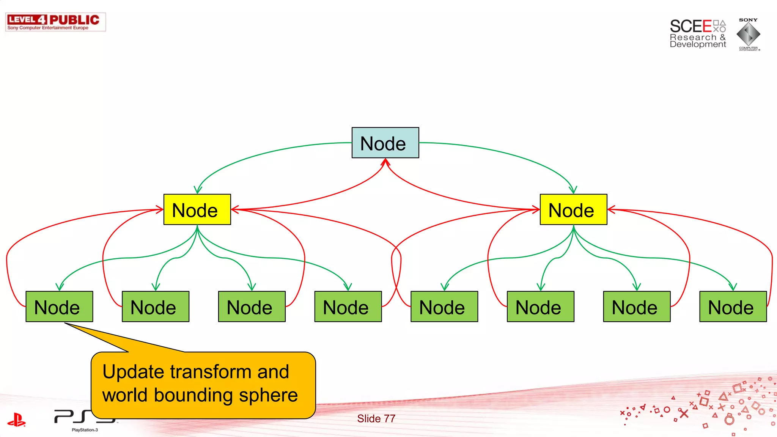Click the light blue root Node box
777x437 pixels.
click(385, 143)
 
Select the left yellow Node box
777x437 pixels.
click(197, 209)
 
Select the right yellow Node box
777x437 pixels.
click(573, 209)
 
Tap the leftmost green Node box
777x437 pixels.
click(59, 307)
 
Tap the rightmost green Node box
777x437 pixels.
click(733, 307)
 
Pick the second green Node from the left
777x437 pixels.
click(155, 307)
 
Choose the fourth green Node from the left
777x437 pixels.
click(348, 307)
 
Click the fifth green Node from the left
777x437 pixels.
click(444, 307)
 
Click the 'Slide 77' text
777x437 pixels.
click(376, 418)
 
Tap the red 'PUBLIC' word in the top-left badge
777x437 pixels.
click(74, 20)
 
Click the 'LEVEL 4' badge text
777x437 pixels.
click(27, 20)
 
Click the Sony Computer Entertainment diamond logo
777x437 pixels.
click(748, 34)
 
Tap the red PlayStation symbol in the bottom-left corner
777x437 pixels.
click(16, 420)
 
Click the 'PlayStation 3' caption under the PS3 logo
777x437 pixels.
click(85, 430)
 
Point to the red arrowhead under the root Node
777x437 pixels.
click(385, 162)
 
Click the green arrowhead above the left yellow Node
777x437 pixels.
click(198, 190)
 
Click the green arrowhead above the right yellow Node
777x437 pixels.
click(573, 190)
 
